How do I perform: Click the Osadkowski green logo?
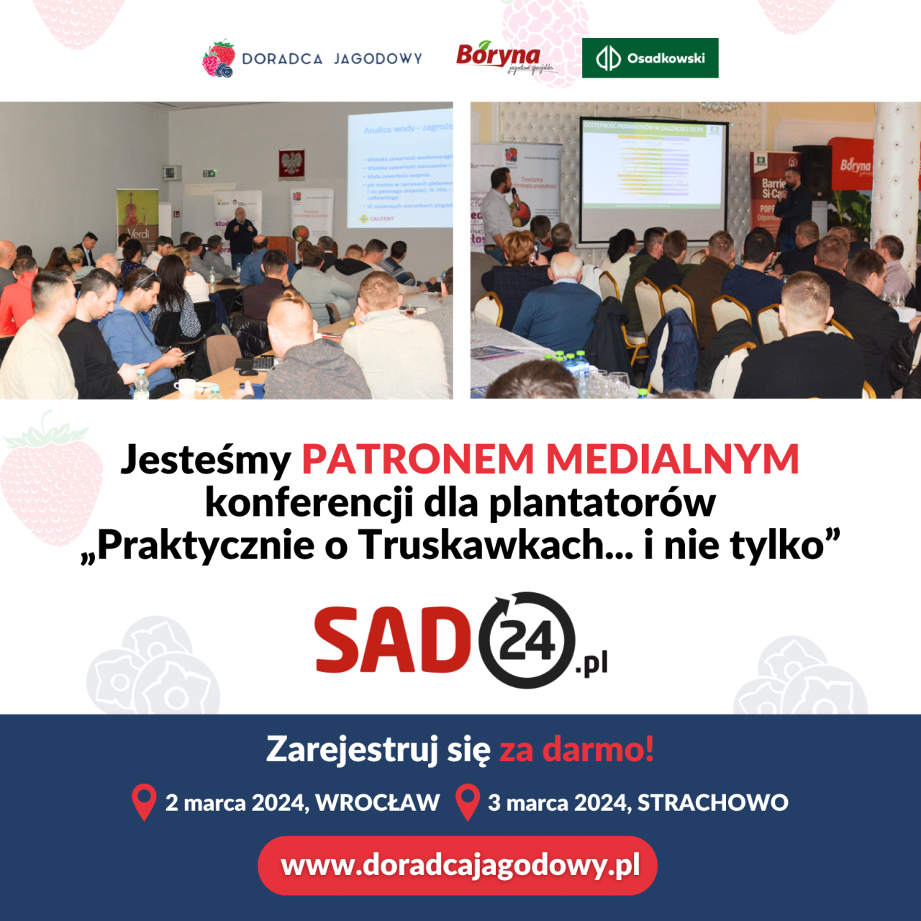[650, 58]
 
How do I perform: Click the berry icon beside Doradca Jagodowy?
[219, 59]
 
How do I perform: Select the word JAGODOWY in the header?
[378, 59]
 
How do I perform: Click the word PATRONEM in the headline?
[418, 459]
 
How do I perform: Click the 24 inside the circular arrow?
[527, 640]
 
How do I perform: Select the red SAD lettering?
[392, 640]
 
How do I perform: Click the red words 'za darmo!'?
[576, 749]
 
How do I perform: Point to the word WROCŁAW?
[377, 802]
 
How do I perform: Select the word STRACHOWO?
[712, 802]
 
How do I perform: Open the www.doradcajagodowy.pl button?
[458, 865]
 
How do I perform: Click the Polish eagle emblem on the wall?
[292, 164]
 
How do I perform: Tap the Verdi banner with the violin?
[137, 214]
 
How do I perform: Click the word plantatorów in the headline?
[602, 502]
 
